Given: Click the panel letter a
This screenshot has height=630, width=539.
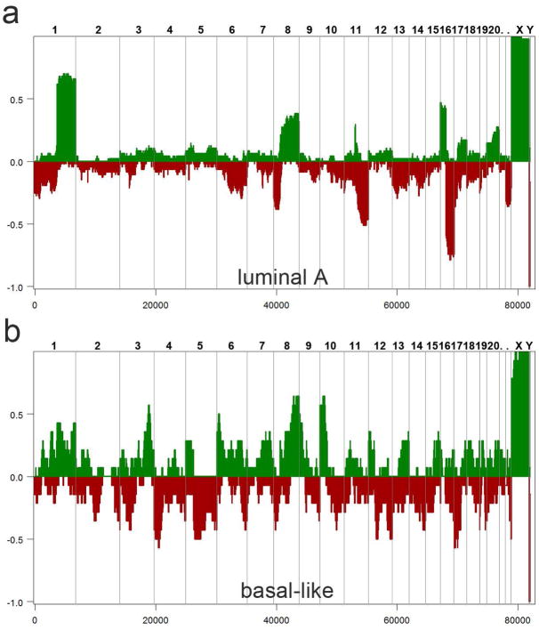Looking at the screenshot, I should [12, 15].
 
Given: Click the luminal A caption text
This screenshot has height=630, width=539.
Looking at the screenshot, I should [283, 277].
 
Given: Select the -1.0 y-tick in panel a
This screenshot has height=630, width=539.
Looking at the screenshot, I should [15, 287].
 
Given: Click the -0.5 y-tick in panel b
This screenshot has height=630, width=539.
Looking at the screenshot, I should [15, 539].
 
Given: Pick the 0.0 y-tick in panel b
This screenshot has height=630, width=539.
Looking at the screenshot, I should [17, 477].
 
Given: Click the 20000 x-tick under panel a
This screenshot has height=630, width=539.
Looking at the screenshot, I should [156, 304].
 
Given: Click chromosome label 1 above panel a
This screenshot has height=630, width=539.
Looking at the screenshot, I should [55, 30].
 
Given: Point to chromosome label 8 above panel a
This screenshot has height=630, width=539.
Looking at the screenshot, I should [287, 30].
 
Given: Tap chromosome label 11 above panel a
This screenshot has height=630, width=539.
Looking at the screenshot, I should [356, 30].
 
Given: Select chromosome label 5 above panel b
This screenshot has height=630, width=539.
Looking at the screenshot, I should [200, 345].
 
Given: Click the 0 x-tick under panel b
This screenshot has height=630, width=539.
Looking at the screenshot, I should [35, 619].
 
